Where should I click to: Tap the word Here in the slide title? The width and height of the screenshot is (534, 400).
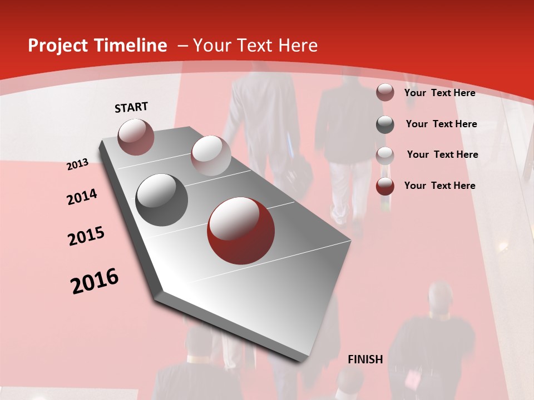point(298,46)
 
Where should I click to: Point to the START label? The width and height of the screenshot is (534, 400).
point(131,107)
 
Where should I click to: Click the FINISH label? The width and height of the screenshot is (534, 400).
point(365,359)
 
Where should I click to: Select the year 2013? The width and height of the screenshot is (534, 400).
point(77,164)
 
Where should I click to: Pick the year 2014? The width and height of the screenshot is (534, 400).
point(82,197)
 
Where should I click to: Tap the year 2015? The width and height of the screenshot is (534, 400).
point(86,236)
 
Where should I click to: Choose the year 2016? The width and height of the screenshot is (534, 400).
point(95,281)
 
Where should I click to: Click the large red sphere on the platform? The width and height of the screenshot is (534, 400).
point(241,231)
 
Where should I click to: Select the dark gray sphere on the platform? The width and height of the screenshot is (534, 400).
point(161,200)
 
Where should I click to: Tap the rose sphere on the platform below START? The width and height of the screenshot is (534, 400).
point(136,137)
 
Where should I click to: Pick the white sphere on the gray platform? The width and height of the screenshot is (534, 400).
point(211,155)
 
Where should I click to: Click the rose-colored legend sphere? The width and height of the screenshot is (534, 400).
point(385,92)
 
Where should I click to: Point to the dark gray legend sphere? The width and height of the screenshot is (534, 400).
point(385,124)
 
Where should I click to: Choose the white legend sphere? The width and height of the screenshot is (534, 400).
point(385,155)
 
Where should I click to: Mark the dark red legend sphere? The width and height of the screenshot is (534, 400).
point(385,186)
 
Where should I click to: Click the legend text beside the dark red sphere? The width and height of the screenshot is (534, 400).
point(439,186)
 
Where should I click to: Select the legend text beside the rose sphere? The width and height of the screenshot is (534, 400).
point(439,93)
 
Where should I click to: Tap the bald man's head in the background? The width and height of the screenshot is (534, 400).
point(441,297)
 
